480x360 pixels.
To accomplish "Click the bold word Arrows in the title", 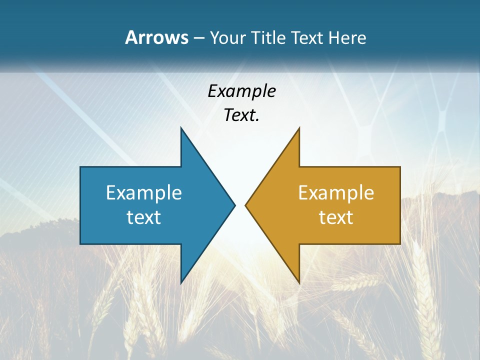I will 156,37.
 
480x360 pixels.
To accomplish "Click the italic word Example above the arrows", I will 241,91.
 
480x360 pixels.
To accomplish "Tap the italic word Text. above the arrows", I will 241,115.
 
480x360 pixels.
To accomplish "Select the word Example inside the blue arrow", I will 143,192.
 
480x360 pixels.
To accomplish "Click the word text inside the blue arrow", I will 143,217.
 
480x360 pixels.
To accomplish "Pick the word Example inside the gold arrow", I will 336,192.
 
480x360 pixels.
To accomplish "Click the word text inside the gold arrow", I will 336,217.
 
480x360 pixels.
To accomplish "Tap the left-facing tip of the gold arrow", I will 246,205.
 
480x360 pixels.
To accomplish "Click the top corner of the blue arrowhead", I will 181,128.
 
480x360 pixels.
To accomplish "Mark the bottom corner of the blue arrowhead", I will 181,282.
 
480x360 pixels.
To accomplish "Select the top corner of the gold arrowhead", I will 299,128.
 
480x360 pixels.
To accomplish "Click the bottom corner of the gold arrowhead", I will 299,282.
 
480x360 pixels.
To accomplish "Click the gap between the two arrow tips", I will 240,205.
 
